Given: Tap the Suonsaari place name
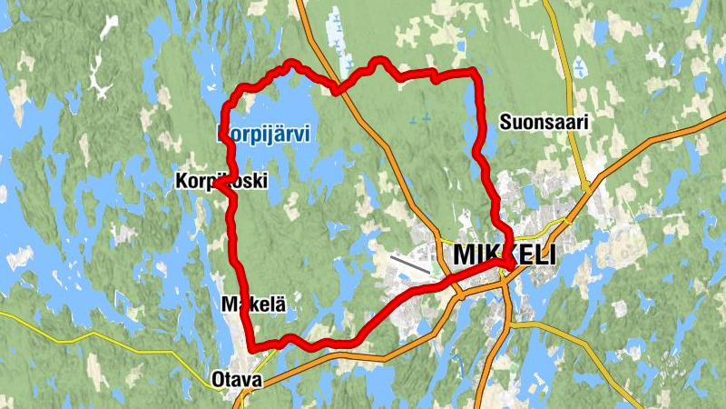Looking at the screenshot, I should coord(544,121).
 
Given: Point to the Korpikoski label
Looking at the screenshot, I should coord(221,182).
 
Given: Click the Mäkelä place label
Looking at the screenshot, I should coord(254,305).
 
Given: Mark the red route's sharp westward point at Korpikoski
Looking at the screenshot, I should coord(217,184).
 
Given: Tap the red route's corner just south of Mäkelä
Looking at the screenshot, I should coord(251,346).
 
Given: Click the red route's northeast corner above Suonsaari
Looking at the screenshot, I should coord(473,72).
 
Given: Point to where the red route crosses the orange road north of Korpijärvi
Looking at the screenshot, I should coord(337,89).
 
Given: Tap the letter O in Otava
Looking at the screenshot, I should coord(217,380).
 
